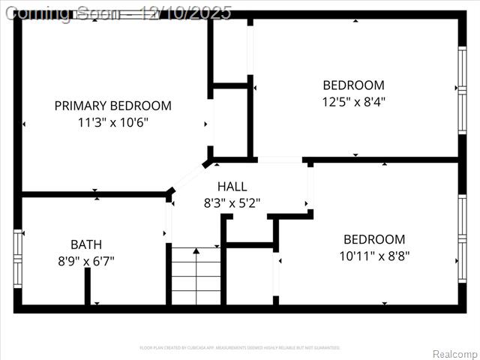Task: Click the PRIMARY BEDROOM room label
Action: tap(112, 106)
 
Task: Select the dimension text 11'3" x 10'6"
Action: tap(112, 123)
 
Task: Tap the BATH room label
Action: tap(86, 244)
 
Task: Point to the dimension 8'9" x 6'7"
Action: tap(86, 261)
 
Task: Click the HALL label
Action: tap(232, 186)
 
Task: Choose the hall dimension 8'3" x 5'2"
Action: tap(232, 202)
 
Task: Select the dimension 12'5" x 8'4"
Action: tap(353, 102)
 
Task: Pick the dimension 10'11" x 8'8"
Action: tap(374, 256)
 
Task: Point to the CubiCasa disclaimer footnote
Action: tap(240, 347)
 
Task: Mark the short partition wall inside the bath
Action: tap(88, 286)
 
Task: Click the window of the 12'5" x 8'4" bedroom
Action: tap(461, 88)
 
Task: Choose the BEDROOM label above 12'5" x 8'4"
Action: tap(353, 85)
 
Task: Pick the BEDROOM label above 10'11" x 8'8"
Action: tap(374, 239)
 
